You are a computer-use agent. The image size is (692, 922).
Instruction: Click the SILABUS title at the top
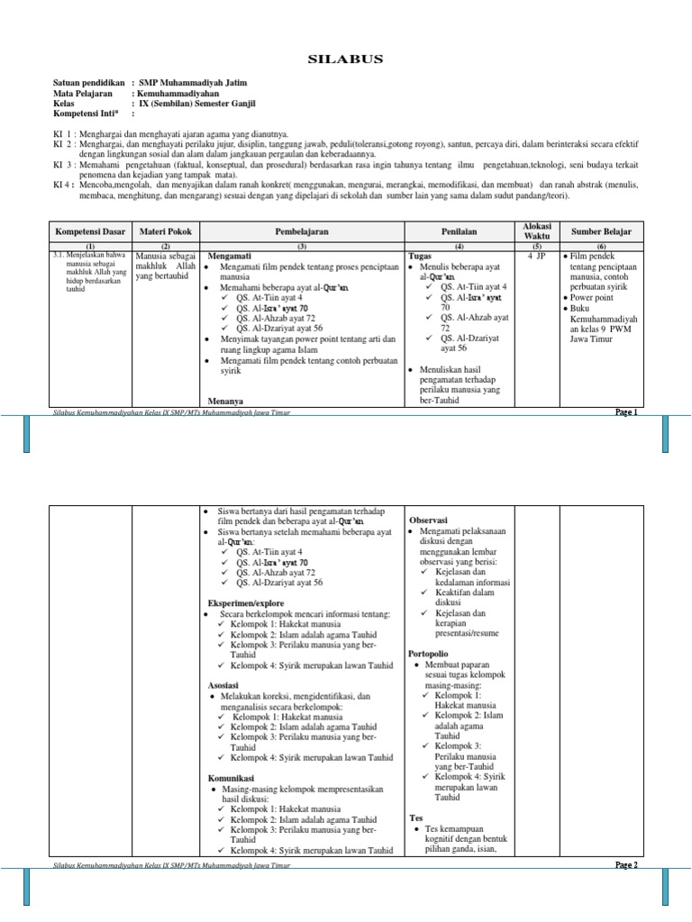tap(345, 59)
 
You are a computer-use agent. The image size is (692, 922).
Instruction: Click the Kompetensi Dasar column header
tap(89, 232)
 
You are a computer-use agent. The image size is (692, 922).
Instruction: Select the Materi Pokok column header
tap(165, 232)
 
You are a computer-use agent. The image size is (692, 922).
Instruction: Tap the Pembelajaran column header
tap(302, 232)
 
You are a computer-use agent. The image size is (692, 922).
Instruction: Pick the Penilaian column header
tap(459, 232)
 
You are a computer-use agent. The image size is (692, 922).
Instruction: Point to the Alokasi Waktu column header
tap(537, 231)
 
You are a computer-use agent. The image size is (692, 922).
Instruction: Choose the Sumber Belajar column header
tap(601, 232)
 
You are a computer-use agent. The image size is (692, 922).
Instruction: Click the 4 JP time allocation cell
tap(537, 257)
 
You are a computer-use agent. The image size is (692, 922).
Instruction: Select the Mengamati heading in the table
tap(230, 256)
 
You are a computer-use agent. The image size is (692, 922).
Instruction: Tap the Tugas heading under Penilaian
tap(421, 257)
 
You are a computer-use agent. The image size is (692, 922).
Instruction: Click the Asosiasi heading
tap(224, 685)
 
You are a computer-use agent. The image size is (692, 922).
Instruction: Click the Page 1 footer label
tap(626, 412)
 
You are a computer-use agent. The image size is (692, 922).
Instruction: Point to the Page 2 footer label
tap(626, 865)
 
